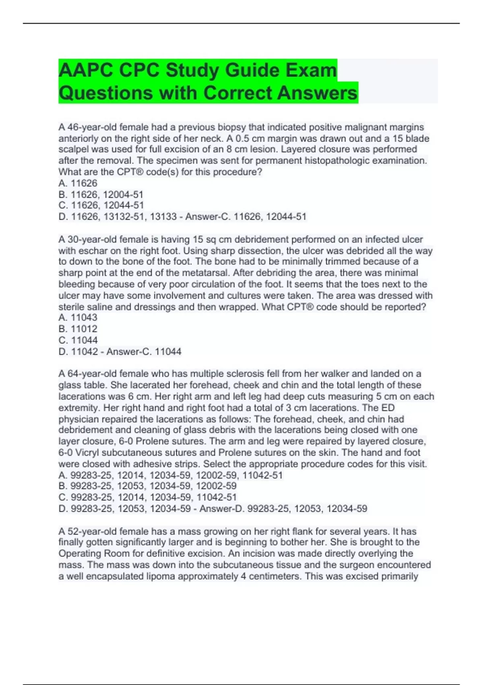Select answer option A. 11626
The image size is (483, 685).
tap(78, 183)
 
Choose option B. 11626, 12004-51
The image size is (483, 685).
tap(101, 194)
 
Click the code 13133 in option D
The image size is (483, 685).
tap(163, 217)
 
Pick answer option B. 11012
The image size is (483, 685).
tap(78, 329)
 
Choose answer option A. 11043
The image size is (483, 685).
tap(78, 318)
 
